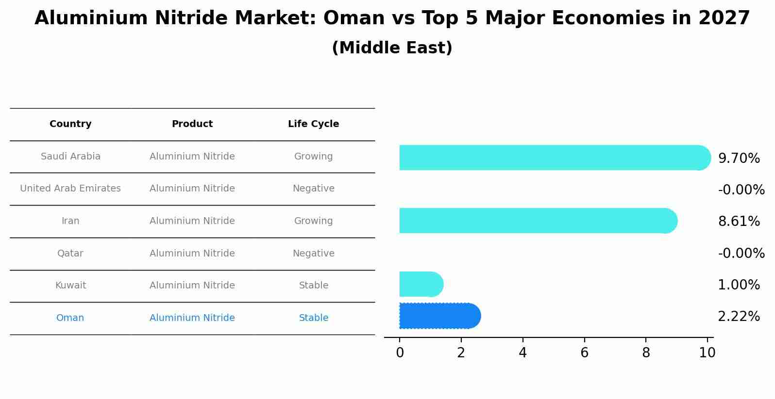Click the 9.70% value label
[739, 159]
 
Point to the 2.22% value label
[739, 317]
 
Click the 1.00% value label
[739, 285]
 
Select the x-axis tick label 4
[522, 353]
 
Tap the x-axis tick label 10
[707, 353]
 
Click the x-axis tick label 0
[400, 353]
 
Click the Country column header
[70, 124]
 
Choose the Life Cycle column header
[313, 124]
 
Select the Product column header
[192, 124]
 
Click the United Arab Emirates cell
[70, 189]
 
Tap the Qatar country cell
[70, 254]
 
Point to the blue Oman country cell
[70, 318]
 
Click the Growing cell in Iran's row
[313, 221]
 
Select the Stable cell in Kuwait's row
[313, 286]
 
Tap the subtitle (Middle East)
[392, 48]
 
